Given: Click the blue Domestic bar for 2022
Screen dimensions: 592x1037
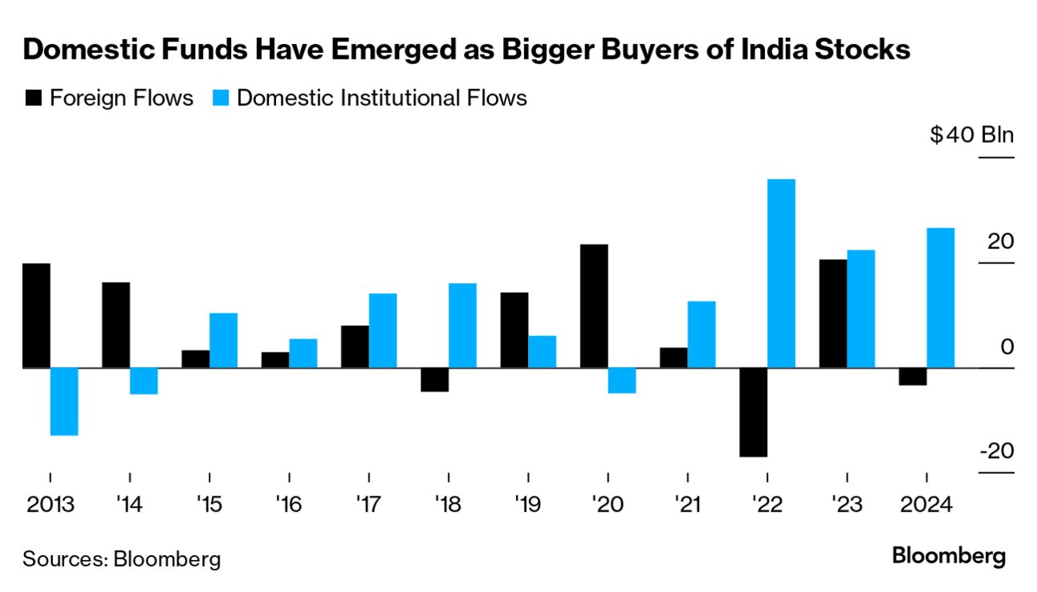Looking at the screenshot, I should pos(781,274).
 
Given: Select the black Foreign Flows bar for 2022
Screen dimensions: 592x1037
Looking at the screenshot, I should pos(754,412).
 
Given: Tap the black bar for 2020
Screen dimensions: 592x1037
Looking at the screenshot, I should pos(594,306).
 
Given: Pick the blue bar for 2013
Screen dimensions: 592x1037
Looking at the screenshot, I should pos(64,401).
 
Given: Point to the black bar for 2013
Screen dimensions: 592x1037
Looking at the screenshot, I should pos(36,315).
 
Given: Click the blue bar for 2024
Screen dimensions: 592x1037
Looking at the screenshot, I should pos(941,298).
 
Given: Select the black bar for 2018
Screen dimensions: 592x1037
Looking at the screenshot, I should pos(434,379).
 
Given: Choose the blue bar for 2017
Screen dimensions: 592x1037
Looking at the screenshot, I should pos(382,330).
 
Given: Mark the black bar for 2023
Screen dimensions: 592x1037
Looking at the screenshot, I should pos(833,314).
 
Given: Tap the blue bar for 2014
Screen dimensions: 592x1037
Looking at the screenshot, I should pos(144,381).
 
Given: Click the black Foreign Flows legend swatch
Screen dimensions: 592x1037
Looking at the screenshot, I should pos(34,99).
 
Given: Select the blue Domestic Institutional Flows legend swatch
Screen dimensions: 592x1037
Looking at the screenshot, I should pos(222,99).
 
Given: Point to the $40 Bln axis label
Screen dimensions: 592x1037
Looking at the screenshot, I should pos(971,135).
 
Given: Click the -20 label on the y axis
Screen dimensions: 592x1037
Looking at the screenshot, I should pos(997,451).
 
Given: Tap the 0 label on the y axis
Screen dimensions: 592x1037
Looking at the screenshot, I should pos(1007,347).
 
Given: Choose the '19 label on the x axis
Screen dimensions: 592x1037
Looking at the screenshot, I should pos(528,506).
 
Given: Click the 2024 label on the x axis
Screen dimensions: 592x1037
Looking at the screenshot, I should pos(926,506).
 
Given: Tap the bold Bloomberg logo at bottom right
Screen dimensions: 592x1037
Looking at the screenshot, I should pos(949,556).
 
